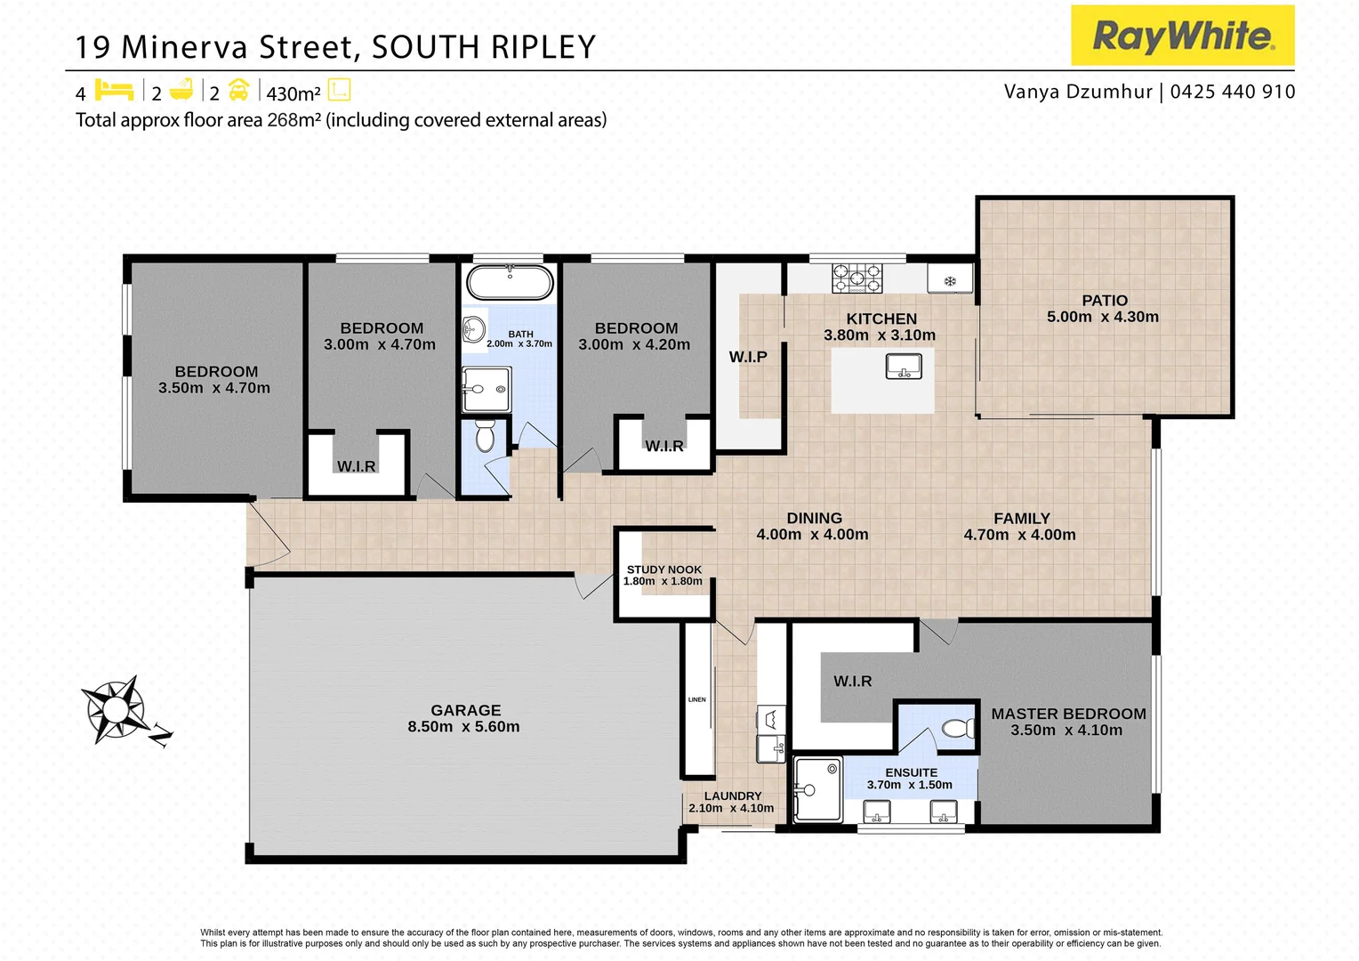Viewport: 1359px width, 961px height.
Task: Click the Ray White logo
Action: tap(1182, 36)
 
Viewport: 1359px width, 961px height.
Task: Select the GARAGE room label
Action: tap(465, 710)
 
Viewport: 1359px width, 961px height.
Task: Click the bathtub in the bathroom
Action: tap(510, 282)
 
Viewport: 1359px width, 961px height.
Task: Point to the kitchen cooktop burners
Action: tap(856, 279)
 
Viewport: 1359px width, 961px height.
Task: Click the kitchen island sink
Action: tap(904, 366)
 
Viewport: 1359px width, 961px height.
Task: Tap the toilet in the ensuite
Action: tap(958, 729)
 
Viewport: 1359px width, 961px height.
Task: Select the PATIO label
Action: tap(1104, 301)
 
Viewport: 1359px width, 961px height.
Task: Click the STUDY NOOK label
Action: tap(663, 569)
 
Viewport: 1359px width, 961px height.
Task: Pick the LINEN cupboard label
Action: tap(697, 699)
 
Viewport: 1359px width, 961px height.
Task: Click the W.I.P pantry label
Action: tap(748, 357)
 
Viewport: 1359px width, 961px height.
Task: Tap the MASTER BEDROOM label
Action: tap(1068, 714)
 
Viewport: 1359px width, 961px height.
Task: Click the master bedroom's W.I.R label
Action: tap(852, 682)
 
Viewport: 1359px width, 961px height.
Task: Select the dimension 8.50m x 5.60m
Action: tap(463, 727)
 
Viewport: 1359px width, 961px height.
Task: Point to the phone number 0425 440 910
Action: tap(1232, 92)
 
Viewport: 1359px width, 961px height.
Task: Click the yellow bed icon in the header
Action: tap(114, 91)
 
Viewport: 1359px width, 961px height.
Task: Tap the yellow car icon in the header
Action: tap(238, 91)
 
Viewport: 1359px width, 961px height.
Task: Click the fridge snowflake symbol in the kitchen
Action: tap(949, 281)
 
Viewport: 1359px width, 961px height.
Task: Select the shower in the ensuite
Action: tap(816, 789)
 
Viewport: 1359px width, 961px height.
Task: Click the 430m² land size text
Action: tap(293, 93)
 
